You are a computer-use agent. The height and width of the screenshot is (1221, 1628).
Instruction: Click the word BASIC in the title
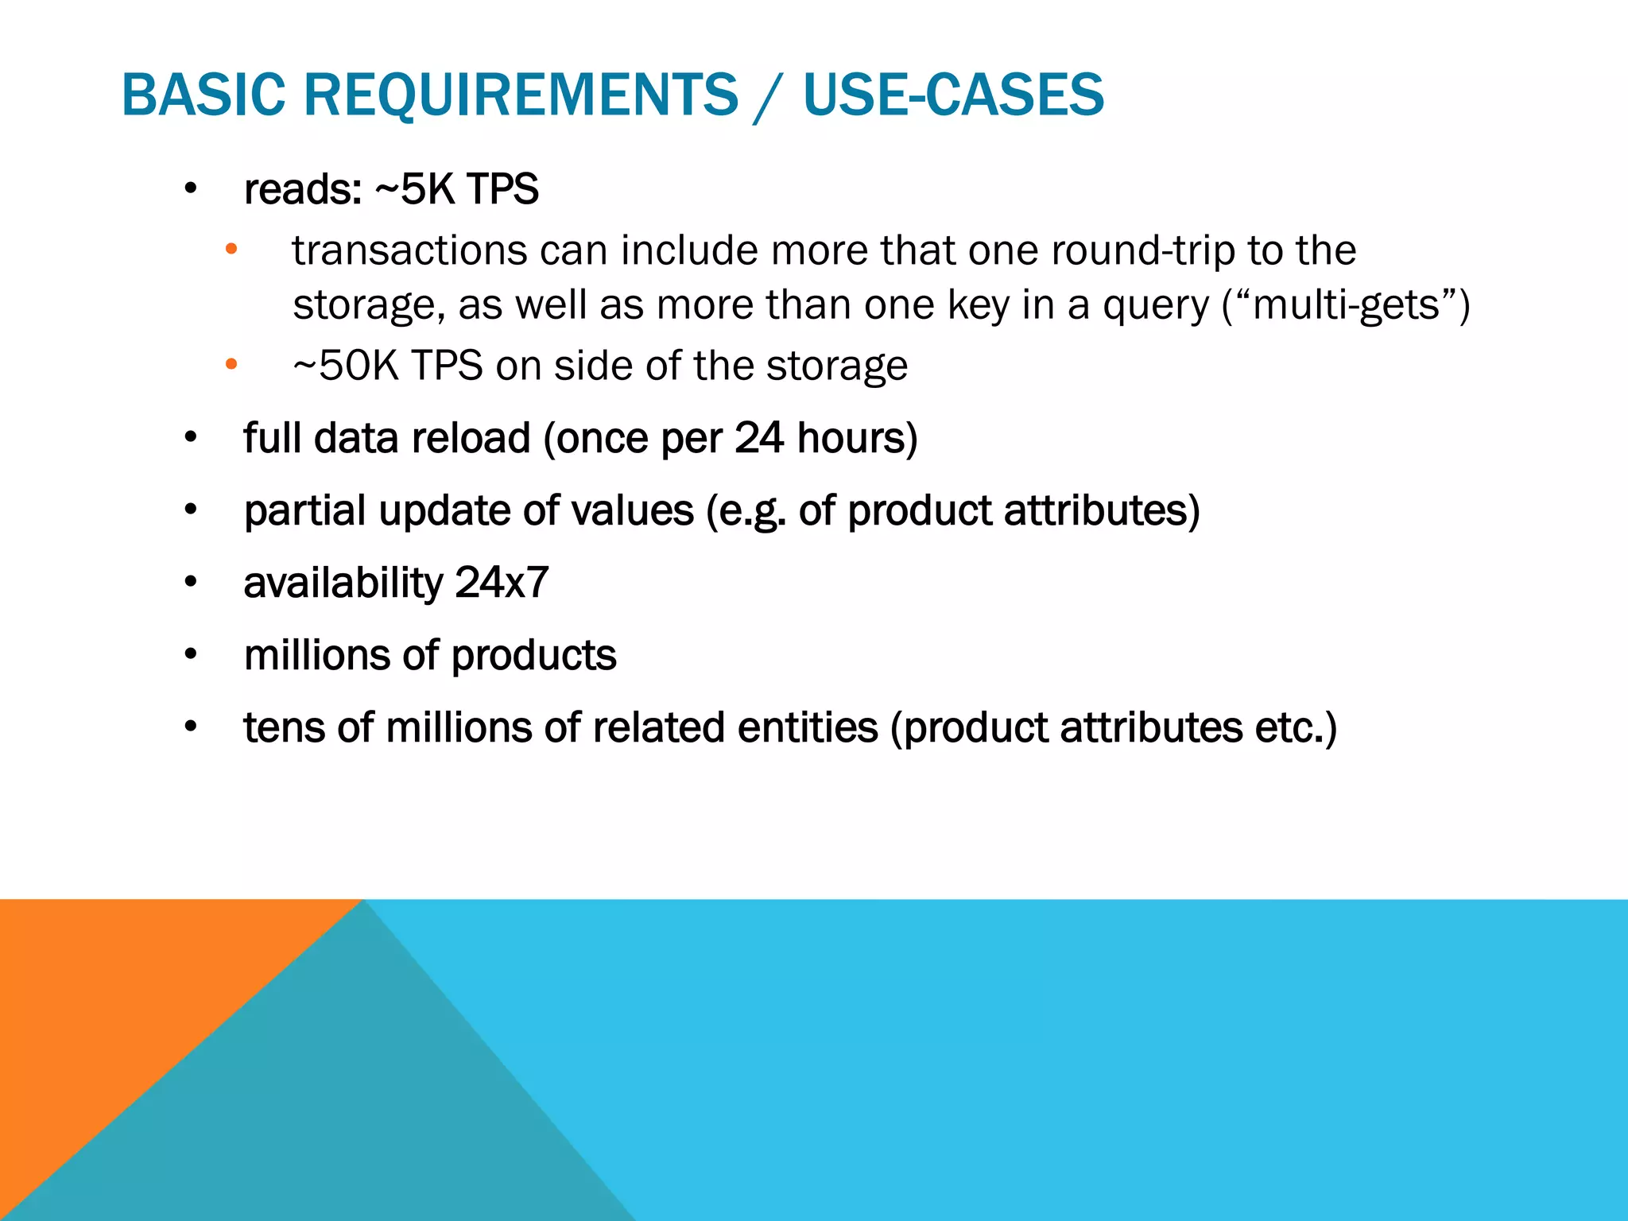pos(203,95)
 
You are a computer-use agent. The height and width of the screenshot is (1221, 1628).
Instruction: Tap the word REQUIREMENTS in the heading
pos(521,95)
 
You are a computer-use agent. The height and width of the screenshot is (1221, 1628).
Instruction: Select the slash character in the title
pos(769,96)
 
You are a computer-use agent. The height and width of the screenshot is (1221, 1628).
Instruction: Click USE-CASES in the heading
pos(953,95)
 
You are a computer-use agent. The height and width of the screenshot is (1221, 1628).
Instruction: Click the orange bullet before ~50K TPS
pos(231,365)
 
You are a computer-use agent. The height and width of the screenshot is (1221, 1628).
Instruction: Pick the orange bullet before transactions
pos(231,250)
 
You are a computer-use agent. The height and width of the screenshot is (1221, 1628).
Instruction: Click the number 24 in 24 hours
pos(759,438)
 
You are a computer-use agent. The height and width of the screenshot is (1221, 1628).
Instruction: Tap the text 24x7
pos(502,583)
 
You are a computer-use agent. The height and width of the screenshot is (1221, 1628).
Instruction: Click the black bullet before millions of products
pos(190,654)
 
